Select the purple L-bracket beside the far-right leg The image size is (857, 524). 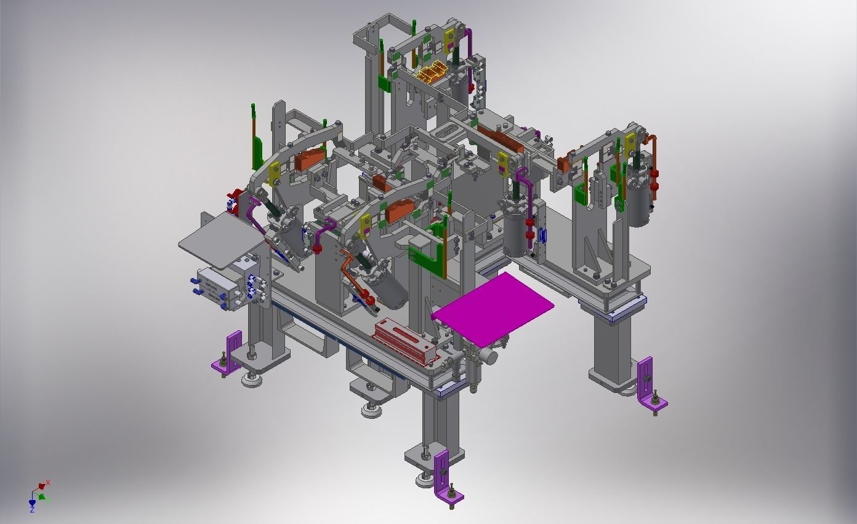point(649,385)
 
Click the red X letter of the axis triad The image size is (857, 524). point(48,483)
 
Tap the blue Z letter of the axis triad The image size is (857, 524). point(32,510)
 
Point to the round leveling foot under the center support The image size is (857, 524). point(371,410)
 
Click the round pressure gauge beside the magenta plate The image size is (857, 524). point(491,355)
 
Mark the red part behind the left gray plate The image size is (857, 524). point(234,202)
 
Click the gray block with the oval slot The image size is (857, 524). point(448,130)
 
